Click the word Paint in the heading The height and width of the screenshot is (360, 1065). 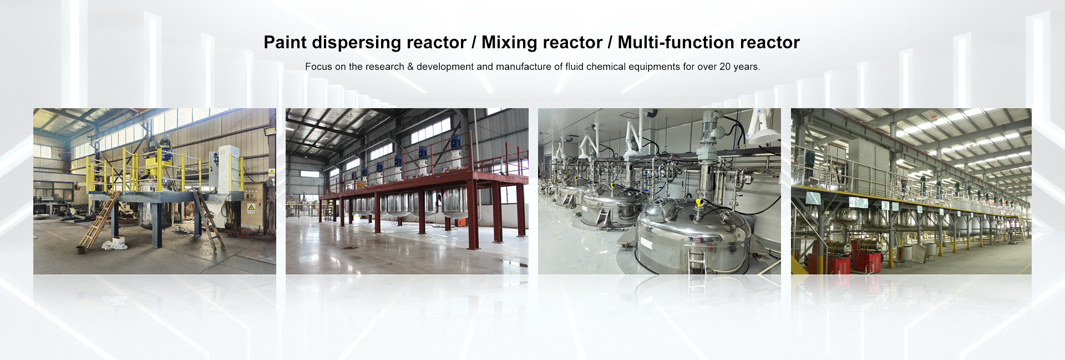285,42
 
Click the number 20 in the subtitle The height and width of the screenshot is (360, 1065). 725,67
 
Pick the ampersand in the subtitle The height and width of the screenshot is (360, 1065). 410,67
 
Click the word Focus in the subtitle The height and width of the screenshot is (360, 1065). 318,67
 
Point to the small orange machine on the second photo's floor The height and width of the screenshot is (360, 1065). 461,222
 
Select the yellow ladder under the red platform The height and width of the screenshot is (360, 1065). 329,211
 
